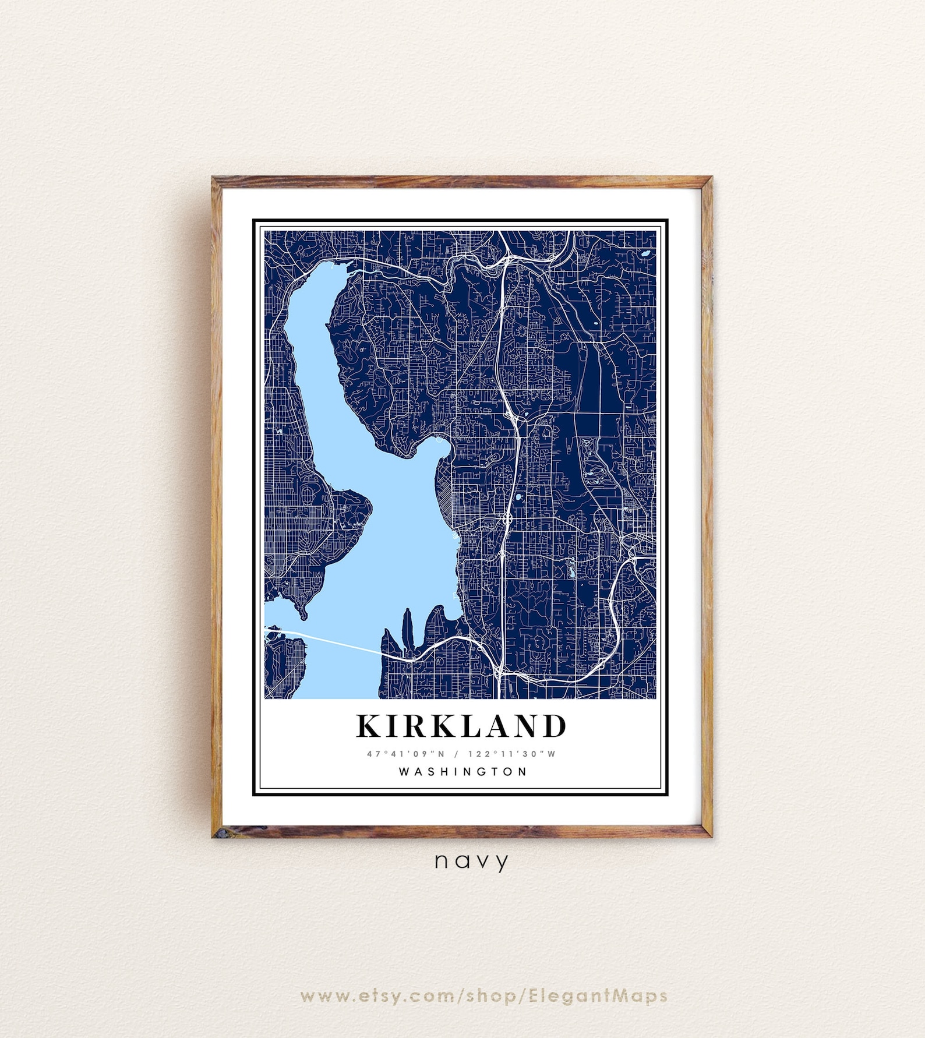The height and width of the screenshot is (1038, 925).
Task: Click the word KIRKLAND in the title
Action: point(461,726)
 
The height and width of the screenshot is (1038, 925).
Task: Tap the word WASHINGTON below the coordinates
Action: point(463,772)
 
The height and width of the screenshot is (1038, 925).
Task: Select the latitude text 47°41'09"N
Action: point(406,754)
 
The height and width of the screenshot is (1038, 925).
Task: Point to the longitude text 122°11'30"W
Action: point(512,754)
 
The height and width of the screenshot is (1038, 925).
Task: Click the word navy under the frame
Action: point(471,861)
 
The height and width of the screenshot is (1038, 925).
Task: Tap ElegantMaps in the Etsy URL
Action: point(598,995)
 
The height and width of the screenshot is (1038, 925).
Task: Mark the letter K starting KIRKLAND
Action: point(369,726)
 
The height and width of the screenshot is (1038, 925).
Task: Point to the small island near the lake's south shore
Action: point(407,629)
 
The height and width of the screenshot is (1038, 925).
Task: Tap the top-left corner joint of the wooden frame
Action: point(217,182)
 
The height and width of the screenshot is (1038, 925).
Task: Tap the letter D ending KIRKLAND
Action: point(555,726)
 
